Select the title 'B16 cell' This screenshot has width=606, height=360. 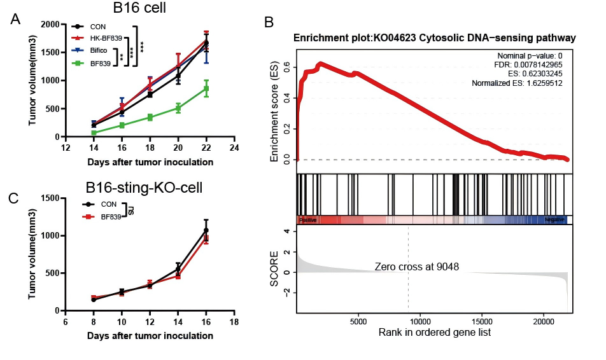pyautogui.click(x=144, y=10)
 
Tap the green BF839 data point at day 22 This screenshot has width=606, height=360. pyautogui.click(x=206, y=88)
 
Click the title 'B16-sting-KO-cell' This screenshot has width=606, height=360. pyautogui.click(x=150, y=190)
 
